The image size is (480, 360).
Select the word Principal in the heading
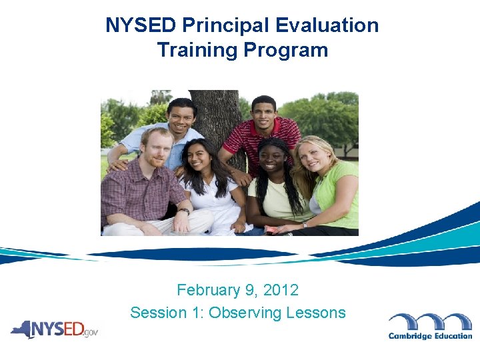coord(224,26)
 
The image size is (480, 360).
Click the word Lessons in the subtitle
coord(316,313)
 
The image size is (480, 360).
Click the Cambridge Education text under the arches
coord(430,336)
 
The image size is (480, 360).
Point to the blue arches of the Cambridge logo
coord(430,321)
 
